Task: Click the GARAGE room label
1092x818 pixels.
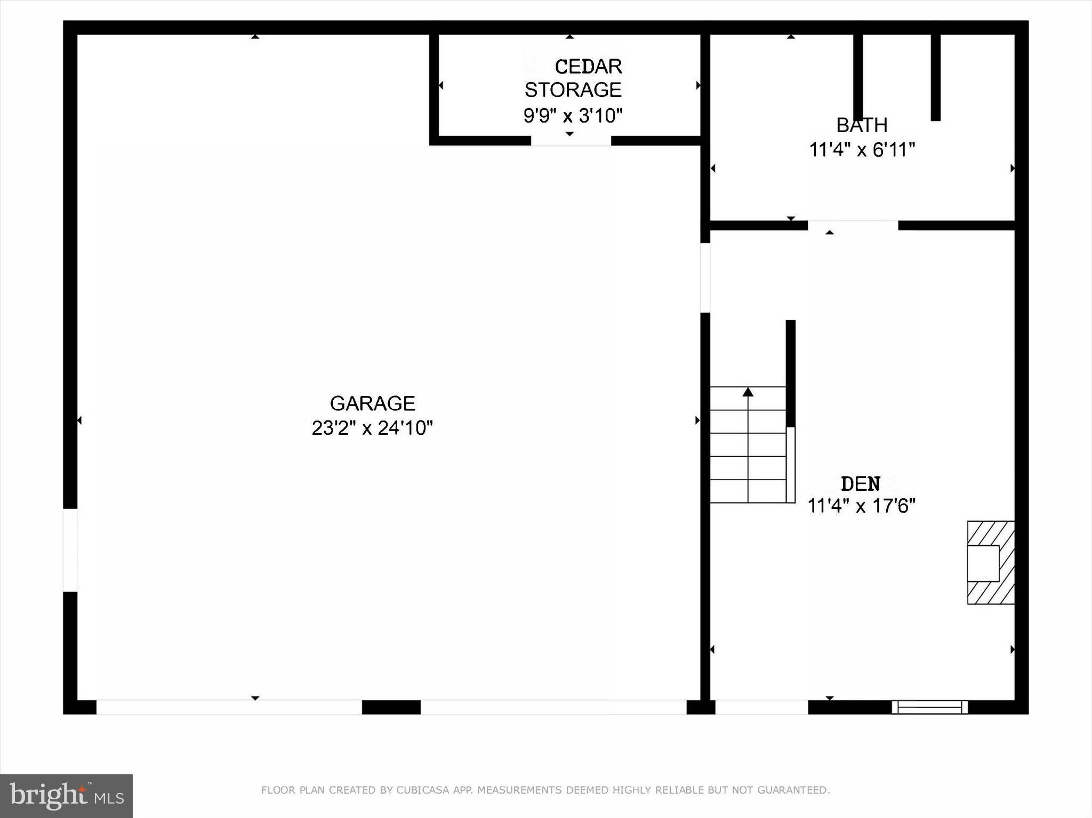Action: coord(372,403)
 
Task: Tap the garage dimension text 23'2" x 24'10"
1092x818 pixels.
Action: coord(372,428)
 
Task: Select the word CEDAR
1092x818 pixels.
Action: coord(588,67)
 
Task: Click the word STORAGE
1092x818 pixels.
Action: coord(573,90)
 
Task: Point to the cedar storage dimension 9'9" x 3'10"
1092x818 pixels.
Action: coord(573,115)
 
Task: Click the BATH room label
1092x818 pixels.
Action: coord(862,125)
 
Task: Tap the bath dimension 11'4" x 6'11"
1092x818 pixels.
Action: coord(862,150)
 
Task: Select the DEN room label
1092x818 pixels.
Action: coord(860,484)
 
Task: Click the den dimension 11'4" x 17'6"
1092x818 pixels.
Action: coord(861,506)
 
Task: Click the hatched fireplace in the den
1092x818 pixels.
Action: coord(991,562)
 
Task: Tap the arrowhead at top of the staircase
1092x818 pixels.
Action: coord(748,393)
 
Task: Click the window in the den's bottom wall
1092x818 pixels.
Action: coord(929,707)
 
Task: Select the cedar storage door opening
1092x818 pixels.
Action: coord(571,141)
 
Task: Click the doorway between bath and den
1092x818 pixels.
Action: coord(853,225)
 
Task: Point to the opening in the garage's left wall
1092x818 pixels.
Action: coord(70,550)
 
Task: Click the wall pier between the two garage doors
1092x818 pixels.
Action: coord(391,707)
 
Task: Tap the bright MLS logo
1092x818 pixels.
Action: coord(66,796)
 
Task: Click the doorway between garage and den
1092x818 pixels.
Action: coord(705,278)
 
